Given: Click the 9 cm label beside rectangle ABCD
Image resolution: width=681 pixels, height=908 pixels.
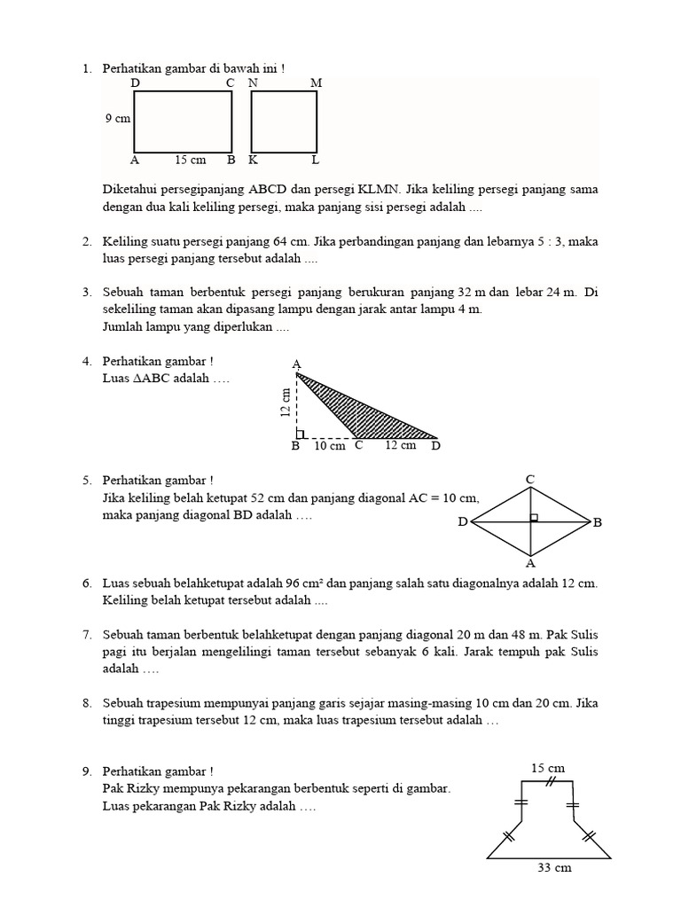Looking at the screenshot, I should (x=117, y=118).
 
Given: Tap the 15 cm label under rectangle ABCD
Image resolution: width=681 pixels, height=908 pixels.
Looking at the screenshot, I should (x=190, y=160).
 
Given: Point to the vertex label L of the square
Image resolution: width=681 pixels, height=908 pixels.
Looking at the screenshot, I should (x=315, y=160).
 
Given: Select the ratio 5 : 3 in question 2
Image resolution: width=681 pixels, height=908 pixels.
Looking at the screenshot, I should (x=550, y=241).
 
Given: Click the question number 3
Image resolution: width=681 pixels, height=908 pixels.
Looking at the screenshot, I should (x=88, y=292).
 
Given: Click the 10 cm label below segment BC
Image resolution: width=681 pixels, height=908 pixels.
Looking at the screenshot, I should (x=329, y=446).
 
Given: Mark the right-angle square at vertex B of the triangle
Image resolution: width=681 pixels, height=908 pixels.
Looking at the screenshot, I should (x=301, y=434).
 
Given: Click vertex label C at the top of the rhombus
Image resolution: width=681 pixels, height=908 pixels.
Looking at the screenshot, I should (x=530, y=480).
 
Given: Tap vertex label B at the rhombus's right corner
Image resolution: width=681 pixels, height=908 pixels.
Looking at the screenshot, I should (x=597, y=523).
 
